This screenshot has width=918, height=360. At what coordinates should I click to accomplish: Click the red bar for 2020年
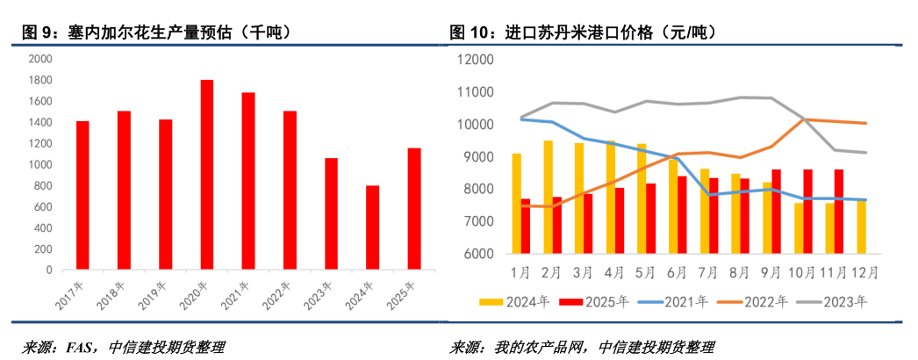pos(207,174)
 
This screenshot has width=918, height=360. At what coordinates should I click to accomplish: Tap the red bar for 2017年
pos(82,194)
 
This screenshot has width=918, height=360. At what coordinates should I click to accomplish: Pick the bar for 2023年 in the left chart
pos(331,213)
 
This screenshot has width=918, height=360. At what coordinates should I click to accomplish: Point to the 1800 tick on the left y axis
pos(40,80)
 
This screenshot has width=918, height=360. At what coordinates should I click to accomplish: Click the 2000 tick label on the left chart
pos(40,59)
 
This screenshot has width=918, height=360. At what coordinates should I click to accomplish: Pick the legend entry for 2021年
pos(673,302)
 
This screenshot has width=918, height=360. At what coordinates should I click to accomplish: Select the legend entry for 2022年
pos(752,302)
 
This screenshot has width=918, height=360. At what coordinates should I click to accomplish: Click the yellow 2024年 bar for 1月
pos(517,204)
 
